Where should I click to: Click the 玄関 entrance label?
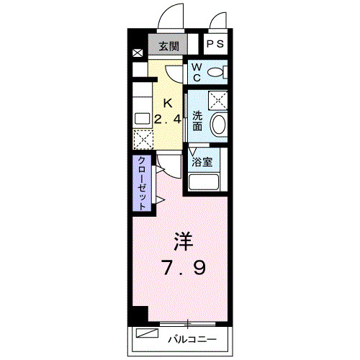pyautogui.click(x=168, y=45)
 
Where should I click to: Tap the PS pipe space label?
pyautogui.click(x=215, y=45)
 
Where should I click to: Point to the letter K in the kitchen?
pyautogui.click(x=167, y=102)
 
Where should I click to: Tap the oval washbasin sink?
pyautogui.click(x=218, y=124)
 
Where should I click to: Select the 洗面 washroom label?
pyautogui.click(x=197, y=122)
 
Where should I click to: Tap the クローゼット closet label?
pyautogui.click(x=142, y=183)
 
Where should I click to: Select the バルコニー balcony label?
pyautogui.click(x=191, y=336)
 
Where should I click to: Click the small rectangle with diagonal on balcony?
pyautogui.click(x=147, y=333)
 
